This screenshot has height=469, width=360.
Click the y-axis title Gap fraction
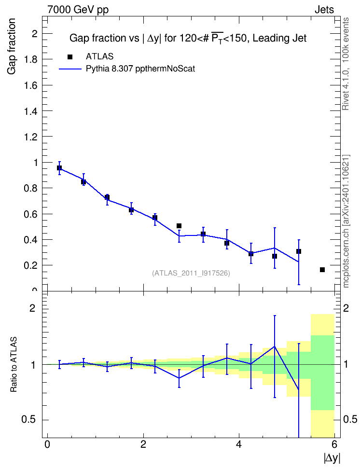[11, 46]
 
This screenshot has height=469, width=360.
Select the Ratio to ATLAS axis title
[14, 364]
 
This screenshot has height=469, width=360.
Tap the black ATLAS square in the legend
[70, 57]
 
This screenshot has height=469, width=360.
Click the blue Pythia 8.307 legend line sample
[70, 69]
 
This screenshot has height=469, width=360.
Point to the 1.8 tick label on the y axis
[31, 59]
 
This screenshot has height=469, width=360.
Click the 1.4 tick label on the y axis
[31, 111]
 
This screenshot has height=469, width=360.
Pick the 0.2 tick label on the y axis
[31, 265]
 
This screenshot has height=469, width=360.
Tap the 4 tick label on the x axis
[239, 444]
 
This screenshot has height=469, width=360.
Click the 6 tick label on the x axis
[334, 444]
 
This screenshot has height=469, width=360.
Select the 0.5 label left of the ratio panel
[29, 420]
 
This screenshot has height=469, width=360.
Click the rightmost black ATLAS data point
[322, 270]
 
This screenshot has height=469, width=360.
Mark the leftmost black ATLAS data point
[59, 168]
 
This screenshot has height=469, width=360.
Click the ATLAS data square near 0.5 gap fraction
[179, 226]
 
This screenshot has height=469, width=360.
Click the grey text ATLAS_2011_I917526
[191, 273]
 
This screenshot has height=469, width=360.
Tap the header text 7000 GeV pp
[78, 10]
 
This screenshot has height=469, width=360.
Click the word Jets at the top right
[324, 10]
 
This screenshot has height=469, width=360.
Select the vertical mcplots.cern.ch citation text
[346, 221]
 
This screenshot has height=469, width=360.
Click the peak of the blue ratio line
[275, 346]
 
